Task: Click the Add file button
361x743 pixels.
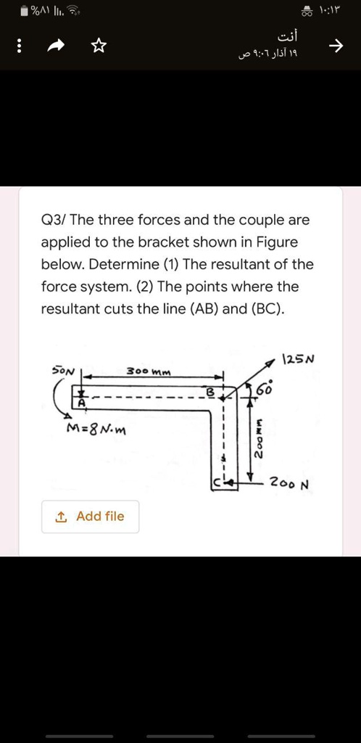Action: [x=90, y=517]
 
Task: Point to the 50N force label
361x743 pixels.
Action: [x=64, y=369]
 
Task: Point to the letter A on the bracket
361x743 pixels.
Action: [x=82, y=403]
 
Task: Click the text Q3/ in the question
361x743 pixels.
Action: [x=54, y=220]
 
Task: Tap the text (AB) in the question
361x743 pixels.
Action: [x=198, y=309]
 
